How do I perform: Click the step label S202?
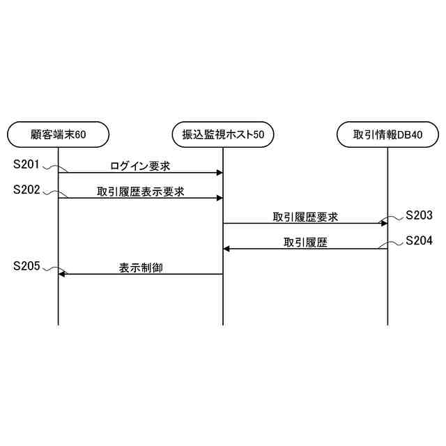(26, 190)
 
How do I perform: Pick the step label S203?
(419, 215)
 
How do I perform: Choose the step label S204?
(419, 241)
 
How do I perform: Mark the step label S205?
(26, 266)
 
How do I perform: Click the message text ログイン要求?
(140, 167)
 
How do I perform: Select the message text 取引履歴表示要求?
(140, 192)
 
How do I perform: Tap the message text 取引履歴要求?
(305, 217)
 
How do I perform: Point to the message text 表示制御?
(140, 267)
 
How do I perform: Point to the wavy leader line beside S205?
(51, 269)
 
